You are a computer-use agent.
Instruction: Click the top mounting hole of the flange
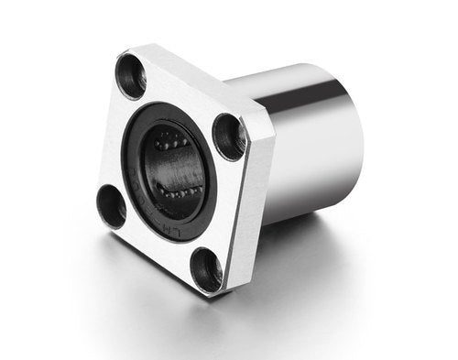click(131, 74)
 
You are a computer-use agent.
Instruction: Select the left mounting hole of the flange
click(112, 205)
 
